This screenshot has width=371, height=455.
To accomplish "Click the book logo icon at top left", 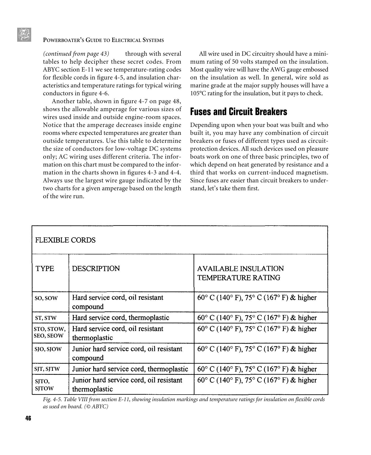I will point(24,35).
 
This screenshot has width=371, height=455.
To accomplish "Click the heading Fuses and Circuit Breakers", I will point(238,112).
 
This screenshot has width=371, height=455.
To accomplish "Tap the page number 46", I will point(28,418).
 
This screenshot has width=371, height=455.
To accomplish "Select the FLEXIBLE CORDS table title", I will point(65,240).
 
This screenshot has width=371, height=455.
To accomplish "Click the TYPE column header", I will point(45,269).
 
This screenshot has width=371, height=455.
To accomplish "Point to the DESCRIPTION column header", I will point(96,269).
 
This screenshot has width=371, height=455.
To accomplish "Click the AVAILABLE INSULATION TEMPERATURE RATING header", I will point(240,273).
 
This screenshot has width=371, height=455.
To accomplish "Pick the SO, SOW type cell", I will point(46,298).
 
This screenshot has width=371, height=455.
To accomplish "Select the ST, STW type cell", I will point(45,318).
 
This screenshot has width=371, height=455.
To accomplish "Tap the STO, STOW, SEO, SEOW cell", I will point(49,333).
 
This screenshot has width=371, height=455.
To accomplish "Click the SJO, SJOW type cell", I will point(48,349).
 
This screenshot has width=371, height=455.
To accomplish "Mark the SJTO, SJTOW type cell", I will point(44,385).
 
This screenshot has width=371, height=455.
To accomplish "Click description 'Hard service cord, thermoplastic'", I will point(120,318).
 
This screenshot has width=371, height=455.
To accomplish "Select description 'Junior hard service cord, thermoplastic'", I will point(130,369).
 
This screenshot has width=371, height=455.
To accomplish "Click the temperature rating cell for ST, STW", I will point(257,318).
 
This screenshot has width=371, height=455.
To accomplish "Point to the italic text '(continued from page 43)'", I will point(76,54).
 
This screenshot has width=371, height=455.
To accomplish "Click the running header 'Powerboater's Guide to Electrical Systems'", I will point(103,40).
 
